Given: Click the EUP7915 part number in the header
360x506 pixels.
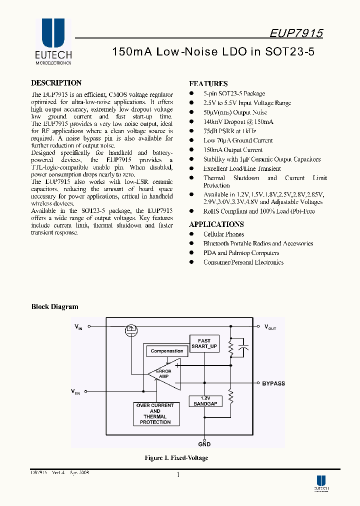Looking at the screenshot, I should [x=296, y=33].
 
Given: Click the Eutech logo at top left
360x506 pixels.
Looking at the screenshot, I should [x=53, y=42].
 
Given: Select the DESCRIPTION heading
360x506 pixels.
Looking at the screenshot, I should [x=56, y=83].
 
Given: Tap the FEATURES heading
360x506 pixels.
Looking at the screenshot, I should [x=208, y=84].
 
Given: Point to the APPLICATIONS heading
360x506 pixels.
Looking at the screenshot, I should [x=216, y=224].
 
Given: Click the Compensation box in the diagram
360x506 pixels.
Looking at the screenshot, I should [x=167, y=351].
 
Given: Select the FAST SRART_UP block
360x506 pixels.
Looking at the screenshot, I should [x=204, y=343].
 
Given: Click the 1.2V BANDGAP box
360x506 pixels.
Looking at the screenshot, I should [x=204, y=401].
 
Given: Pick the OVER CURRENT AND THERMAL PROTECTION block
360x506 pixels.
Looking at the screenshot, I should [x=155, y=414].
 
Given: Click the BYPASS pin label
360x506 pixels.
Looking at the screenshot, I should [x=273, y=383].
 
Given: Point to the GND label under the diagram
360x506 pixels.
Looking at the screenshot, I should [x=204, y=444].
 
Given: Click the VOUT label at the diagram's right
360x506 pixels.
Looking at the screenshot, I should [x=270, y=327].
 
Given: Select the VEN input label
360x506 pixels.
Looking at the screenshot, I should [x=76, y=391].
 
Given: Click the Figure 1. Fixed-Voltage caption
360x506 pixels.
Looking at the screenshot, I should [x=176, y=458].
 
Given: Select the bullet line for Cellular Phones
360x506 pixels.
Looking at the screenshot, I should [x=223, y=234].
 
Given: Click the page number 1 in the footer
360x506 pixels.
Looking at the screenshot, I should [x=178, y=475].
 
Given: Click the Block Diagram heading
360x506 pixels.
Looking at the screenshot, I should [x=54, y=306].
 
